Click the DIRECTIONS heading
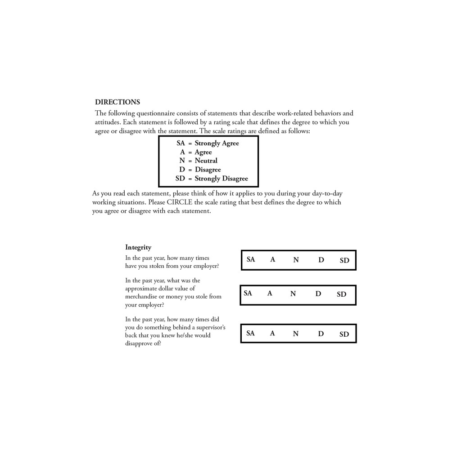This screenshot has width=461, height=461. point(117,102)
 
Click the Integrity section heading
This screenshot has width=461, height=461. point(138,247)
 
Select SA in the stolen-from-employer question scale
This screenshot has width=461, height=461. point(251,259)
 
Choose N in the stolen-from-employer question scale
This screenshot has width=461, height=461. point(296,260)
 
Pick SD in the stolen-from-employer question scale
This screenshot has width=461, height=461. point(344,260)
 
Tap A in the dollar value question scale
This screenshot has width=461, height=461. point(270,294)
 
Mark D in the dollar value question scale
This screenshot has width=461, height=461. point(318,294)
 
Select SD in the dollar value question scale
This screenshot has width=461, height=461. point(342,294)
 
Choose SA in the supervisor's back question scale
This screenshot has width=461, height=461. point(250,333)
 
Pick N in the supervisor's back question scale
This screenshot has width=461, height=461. point(296,334)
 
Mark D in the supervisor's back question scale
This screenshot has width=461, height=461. point(321,334)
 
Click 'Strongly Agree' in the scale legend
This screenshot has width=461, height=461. point(217,143)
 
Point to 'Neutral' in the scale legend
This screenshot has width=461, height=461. point(206,161)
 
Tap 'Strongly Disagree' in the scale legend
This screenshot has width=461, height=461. point(221,178)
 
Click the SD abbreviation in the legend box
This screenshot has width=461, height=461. point(180,178)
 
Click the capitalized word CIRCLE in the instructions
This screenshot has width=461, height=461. point(179,202)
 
